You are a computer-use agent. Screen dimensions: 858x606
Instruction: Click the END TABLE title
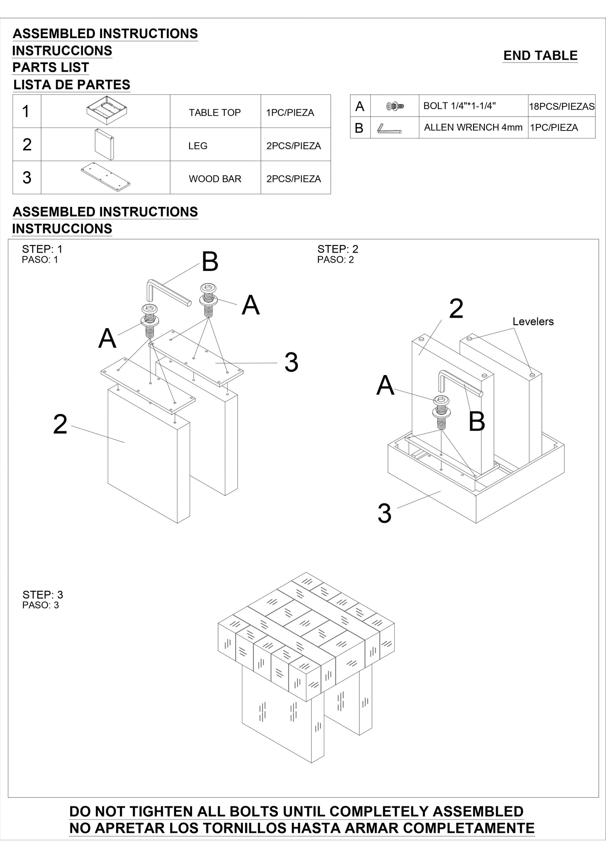[540, 55]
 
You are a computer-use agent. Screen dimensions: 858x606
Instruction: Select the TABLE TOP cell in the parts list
[215, 112]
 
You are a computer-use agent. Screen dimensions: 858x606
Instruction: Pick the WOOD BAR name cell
[215, 179]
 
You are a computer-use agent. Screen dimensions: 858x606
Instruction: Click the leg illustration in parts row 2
[104, 144]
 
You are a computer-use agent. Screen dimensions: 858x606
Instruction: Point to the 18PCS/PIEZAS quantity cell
[562, 107]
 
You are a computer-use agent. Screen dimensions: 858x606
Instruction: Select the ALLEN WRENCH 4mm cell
[473, 128]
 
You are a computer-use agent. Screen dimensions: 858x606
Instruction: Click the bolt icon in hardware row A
[395, 106]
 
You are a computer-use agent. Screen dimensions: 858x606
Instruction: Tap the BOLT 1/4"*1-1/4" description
[459, 106]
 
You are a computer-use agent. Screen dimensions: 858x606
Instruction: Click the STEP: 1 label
[42, 249]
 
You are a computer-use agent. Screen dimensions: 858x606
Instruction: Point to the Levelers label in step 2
[533, 321]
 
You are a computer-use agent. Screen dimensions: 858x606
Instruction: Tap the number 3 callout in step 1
[291, 362]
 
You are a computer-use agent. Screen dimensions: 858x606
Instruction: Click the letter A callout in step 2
[385, 386]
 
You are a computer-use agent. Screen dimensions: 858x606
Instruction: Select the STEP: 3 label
[42, 595]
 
